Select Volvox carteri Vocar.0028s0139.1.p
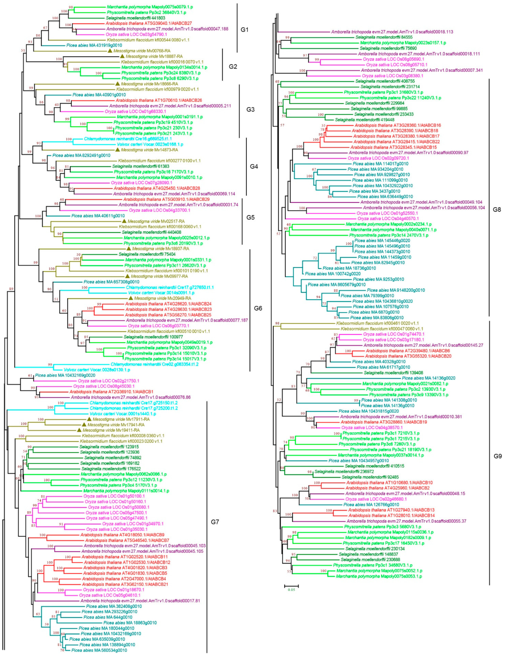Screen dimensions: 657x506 click(97, 370)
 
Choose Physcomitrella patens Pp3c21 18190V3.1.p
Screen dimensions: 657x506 click(390, 449)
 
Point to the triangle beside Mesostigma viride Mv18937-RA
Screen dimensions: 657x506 click(129, 249)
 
